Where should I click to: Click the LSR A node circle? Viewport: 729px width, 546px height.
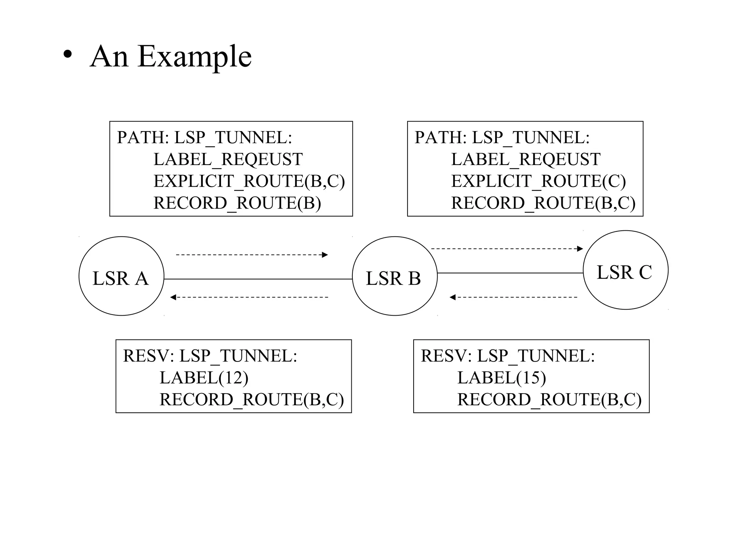[121, 276]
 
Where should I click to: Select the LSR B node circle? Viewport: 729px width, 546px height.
[394, 276]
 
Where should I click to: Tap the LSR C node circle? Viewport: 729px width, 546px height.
[625, 270]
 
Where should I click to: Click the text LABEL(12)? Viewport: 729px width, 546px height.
[204, 378]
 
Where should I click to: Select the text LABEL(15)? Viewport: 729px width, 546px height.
[501, 378]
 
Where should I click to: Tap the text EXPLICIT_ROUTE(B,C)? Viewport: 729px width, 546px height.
[249, 181]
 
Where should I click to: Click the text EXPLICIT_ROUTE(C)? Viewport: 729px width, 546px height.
[538, 181]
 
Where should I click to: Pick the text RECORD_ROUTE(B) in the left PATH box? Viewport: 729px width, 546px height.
[237, 203]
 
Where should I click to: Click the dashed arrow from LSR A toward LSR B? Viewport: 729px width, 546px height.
[251, 255]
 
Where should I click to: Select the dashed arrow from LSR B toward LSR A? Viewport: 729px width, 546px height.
[249, 297]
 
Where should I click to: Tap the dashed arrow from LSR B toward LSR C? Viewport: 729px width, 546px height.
[507, 249]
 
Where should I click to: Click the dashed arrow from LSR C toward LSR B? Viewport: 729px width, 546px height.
[513, 297]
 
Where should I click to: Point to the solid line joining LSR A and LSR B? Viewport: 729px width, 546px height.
[258, 279]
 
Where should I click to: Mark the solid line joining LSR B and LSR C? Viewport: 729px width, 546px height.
[510, 273]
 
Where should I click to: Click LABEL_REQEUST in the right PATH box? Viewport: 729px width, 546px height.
[525, 159]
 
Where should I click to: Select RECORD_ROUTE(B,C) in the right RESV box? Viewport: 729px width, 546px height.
[549, 399]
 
